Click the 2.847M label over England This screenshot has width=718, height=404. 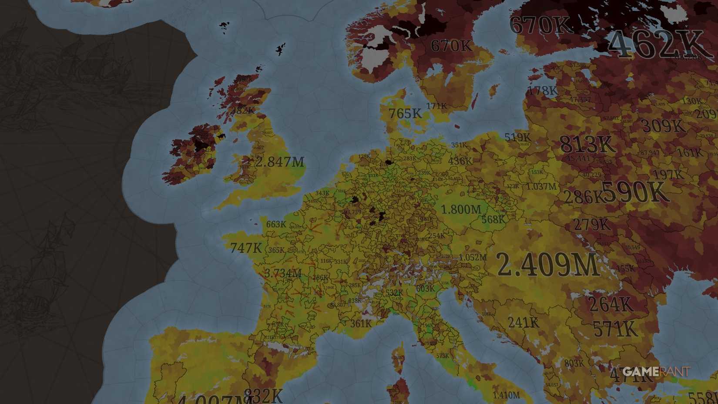(x=279, y=162)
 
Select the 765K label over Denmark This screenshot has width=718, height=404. (x=405, y=114)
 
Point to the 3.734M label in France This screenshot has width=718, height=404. (x=283, y=273)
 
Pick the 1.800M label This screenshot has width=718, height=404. (x=461, y=209)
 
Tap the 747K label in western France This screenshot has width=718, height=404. (x=246, y=248)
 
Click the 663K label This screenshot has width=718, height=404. (x=276, y=224)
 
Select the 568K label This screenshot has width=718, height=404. (x=493, y=220)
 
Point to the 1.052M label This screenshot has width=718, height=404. (x=473, y=257)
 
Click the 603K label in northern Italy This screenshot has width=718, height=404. (x=425, y=288)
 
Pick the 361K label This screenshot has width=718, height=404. (x=361, y=323)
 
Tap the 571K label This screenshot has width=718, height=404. (x=615, y=329)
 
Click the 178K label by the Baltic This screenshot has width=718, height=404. (x=542, y=91)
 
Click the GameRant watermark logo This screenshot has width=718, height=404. (x=656, y=371)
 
